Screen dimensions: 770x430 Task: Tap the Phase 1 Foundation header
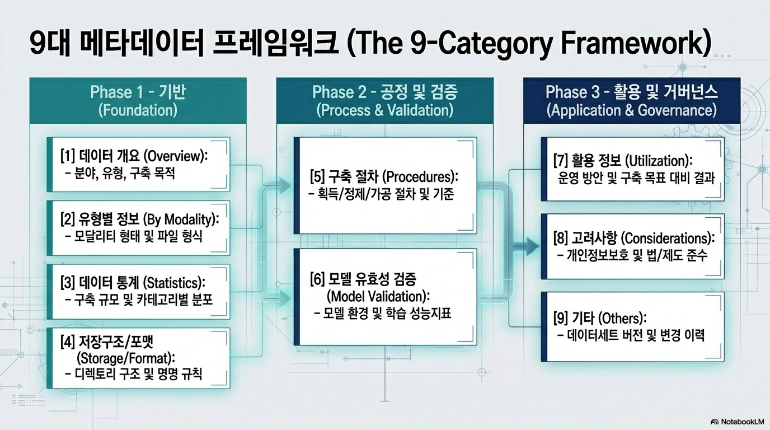pyautogui.click(x=138, y=101)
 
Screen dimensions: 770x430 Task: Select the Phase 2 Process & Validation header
pyautogui.click(x=384, y=101)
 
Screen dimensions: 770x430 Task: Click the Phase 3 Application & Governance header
pyautogui.click(x=631, y=101)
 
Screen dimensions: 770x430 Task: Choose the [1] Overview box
pyautogui.click(x=138, y=165)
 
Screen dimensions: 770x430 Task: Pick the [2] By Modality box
pyautogui.click(x=138, y=228)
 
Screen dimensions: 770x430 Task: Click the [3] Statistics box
pyautogui.click(x=138, y=292)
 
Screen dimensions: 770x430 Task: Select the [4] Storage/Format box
pyautogui.click(x=138, y=358)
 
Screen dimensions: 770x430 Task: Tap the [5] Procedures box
pyautogui.click(x=386, y=185)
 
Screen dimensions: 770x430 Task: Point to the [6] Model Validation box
pyautogui.click(x=386, y=297)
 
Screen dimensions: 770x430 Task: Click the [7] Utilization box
pyautogui.click(x=632, y=169)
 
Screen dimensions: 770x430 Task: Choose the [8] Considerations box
pyautogui.click(x=632, y=246)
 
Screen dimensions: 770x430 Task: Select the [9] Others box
pyautogui.click(x=632, y=326)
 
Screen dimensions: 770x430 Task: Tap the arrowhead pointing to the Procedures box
pyautogui.click(x=285, y=186)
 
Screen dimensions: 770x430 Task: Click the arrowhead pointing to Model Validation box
pyautogui.click(x=285, y=298)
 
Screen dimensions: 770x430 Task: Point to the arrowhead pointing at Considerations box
pyautogui.click(x=532, y=246)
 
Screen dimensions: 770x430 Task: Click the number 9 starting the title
pyautogui.click(x=39, y=44)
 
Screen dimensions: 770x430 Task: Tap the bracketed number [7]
pyautogui.click(x=560, y=161)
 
